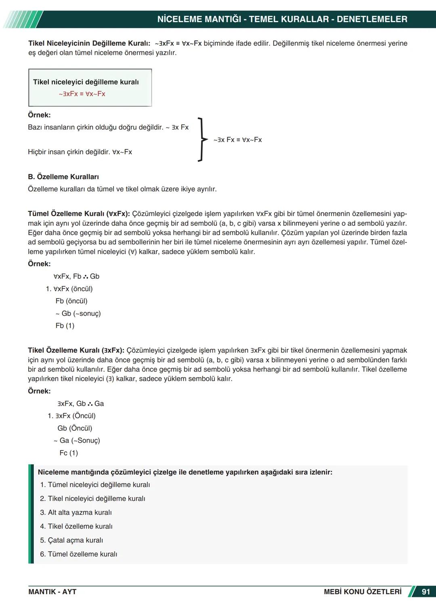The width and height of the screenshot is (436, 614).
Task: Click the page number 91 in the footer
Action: click(426, 592)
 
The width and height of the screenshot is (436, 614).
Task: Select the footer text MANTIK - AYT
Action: click(52, 592)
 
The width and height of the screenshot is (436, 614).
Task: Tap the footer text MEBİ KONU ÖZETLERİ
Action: click(363, 592)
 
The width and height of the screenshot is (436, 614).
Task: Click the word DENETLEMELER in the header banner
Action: click(372, 19)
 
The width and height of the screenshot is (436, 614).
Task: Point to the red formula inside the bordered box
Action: click(82, 94)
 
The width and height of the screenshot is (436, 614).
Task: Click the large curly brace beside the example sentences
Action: click(201, 140)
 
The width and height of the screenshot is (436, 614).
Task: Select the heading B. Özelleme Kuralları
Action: click(63, 177)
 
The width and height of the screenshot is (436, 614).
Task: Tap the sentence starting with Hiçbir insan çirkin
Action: click(80, 152)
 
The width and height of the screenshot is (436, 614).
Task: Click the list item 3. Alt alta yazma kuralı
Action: click(76, 512)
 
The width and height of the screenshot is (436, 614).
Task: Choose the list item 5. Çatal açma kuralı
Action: click(71, 540)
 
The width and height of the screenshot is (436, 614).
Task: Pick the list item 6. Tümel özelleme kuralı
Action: click(79, 554)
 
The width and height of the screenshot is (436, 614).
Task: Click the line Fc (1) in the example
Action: click(69, 453)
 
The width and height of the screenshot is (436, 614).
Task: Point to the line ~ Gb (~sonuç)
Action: click(78, 313)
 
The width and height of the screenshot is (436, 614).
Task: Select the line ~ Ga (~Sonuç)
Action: click(77, 441)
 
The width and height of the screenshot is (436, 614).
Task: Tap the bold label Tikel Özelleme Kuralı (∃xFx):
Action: click(76, 351)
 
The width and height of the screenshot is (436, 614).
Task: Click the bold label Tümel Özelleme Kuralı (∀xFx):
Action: click(79, 214)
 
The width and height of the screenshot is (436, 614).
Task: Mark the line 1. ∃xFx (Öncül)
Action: click(71, 416)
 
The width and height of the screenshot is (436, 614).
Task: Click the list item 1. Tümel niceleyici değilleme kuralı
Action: click(95, 485)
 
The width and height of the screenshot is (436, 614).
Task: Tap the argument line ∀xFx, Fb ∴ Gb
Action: click(76, 276)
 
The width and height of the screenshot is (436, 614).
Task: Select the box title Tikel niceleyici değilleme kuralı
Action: click(86, 82)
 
